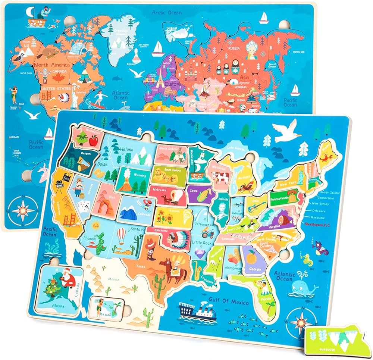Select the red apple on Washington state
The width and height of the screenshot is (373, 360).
[x=93, y=141]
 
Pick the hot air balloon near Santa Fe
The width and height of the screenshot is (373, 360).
[x=122, y=235]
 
